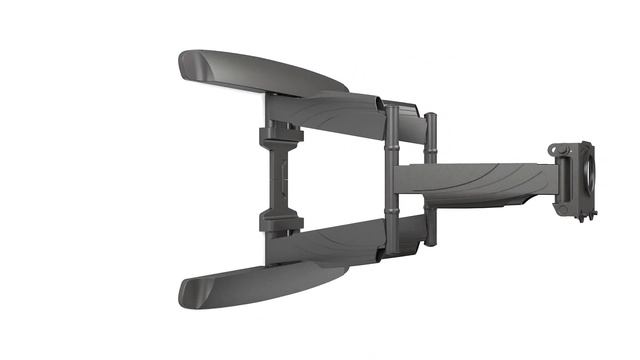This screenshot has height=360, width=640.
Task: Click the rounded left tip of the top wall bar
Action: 188,65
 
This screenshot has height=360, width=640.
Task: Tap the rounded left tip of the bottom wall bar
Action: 189,292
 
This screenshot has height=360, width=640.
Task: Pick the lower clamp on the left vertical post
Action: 280,221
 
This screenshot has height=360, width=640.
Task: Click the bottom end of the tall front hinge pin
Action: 392,250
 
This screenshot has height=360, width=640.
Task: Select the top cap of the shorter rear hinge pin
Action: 430,117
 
